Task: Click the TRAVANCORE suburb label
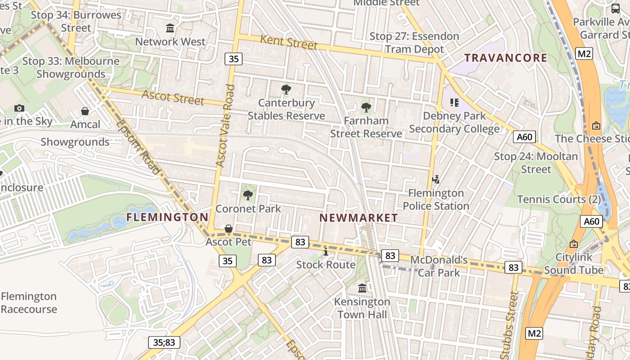505,58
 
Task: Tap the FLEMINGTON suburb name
167,217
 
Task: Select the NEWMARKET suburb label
359,218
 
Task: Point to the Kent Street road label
288,42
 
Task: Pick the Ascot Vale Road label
225,126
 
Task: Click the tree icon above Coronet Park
247,195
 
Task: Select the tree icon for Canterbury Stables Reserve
286,90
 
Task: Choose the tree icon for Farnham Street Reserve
366,108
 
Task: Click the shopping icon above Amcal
85,111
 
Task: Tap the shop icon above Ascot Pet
229,229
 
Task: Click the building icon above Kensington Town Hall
362,288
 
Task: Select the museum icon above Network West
170,28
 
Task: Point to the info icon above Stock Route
326,251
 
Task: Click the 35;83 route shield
164,342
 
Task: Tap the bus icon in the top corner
615,8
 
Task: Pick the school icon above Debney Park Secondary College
454,102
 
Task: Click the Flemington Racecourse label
29,303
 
